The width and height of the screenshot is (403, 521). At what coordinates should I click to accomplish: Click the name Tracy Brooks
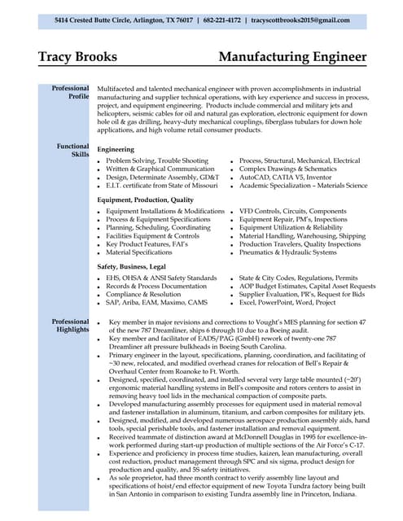coord(77,57)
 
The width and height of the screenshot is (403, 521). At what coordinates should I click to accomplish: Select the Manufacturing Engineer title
coord(290,57)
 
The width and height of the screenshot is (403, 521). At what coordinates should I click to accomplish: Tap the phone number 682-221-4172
coord(221,20)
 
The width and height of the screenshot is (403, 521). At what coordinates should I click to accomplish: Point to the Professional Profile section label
coord(71,92)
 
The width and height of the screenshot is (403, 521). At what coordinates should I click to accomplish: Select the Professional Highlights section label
coord(71,326)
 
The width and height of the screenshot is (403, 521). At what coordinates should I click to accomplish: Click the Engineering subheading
coord(116,150)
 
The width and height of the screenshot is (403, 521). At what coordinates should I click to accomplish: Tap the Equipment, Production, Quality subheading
coord(145,199)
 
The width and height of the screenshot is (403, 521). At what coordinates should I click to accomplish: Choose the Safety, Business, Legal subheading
coord(131,266)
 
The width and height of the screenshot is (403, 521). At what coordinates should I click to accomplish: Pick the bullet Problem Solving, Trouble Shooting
coord(156,161)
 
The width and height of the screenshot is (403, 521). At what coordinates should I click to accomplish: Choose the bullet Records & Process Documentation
coord(156,287)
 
